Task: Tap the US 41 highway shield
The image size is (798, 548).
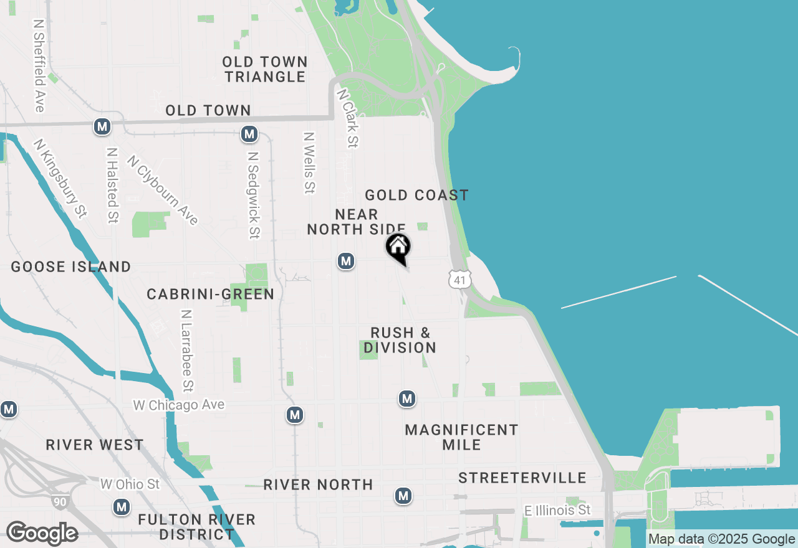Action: [x=459, y=279]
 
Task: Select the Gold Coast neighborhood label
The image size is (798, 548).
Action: [x=416, y=195]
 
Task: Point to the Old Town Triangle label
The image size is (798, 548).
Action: [x=265, y=69]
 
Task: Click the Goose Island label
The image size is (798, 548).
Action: [x=71, y=267]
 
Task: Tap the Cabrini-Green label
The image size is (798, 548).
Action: [x=211, y=294]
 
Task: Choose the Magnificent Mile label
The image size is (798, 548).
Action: [x=461, y=437]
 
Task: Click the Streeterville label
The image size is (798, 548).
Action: [x=522, y=478]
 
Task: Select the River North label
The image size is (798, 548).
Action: [x=318, y=484]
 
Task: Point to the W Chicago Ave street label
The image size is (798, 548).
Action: [x=179, y=405]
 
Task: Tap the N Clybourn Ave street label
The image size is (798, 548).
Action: [x=163, y=190]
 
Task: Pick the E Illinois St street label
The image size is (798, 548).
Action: [x=557, y=511]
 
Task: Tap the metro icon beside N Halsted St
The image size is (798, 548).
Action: [x=102, y=127]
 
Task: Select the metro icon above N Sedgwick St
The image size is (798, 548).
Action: [x=249, y=133]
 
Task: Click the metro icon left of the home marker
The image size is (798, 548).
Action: [x=346, y=261]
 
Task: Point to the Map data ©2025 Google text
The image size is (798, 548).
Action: [x=721, y=539]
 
